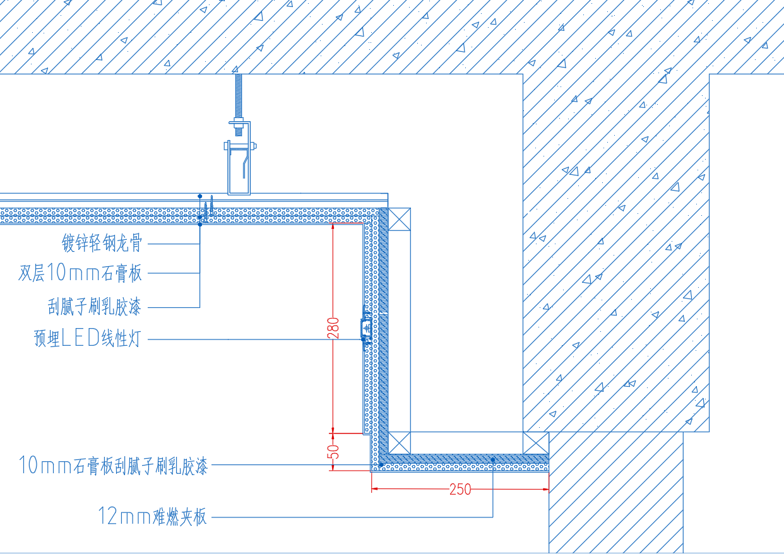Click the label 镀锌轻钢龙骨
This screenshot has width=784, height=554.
[x=102, y=243]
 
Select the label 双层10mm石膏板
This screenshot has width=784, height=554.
[x=80, y=273]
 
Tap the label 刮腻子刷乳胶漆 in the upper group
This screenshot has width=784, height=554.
[x=95, y=307]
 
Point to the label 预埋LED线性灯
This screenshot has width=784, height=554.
[x=88, y=338]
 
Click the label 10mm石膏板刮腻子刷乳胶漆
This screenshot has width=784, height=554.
[x=114, y=466]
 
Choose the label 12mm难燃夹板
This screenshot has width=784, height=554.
[x=153, y=516]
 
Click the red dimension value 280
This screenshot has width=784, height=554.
[x=333, y=327]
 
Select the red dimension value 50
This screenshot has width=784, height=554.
[x=333, y=452]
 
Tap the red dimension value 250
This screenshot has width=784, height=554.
[x=460, y=489]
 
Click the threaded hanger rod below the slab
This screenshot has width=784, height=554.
[x=239, y=105]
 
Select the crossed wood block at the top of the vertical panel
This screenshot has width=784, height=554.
[x=400, y=220]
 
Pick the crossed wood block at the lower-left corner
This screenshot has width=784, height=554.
[x=400, y=443]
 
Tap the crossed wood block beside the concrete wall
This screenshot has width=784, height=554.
[x=536, y=443]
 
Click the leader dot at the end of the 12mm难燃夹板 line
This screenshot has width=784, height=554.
[x=493, y=460]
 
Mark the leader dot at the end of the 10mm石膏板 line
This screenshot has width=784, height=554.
[x=381, y=465]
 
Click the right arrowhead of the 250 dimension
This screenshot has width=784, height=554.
[x=545, y=489]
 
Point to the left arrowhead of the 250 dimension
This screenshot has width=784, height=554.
[x=375, y=489]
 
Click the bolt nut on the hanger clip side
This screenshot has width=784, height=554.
[x=254, y=146]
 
